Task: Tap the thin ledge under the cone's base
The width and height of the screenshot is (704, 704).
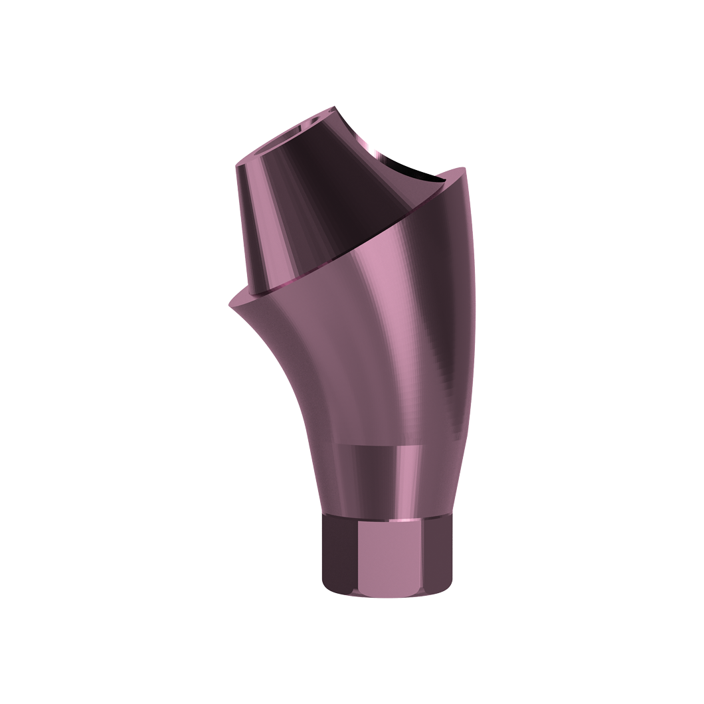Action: [266, 290]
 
